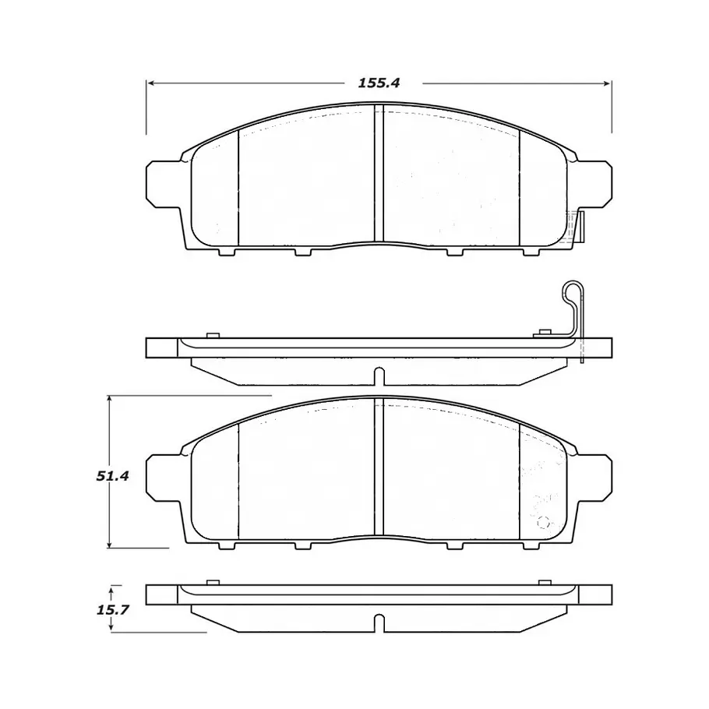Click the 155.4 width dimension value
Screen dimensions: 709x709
379,83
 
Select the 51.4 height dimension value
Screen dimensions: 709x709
113,476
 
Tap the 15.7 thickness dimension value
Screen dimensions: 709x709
113,610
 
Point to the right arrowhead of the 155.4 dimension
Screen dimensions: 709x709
606,83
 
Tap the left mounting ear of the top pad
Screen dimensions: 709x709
164,184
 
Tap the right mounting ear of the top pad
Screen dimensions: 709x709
594,184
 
